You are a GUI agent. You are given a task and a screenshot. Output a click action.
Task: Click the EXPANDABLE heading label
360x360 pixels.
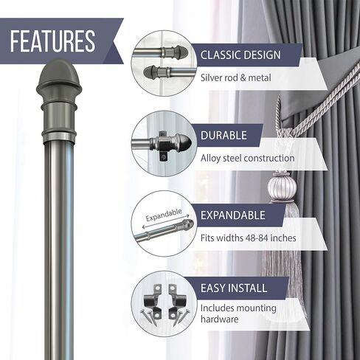233,215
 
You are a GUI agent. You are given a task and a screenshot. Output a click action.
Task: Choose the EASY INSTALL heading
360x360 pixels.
234,288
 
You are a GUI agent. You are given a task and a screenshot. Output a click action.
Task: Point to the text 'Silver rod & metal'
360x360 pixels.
235,77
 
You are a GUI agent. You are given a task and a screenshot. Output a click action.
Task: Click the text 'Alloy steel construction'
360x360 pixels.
247,158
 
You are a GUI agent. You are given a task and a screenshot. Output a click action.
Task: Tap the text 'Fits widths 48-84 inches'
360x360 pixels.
248,238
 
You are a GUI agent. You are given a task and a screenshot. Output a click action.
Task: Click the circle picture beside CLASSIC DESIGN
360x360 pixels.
163,63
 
